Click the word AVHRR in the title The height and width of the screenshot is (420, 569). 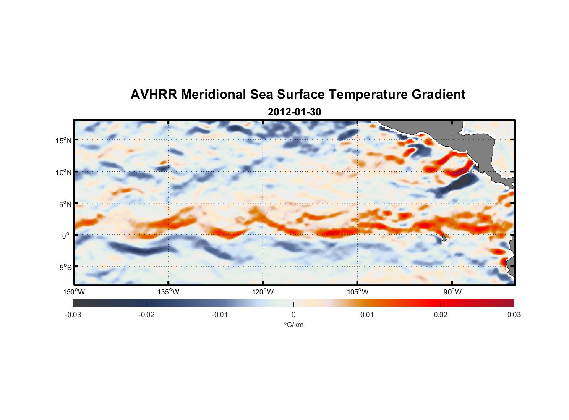click(154, 94)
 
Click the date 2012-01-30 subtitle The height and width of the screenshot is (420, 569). click(294, 112)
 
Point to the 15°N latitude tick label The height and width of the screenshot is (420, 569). click(64, 140)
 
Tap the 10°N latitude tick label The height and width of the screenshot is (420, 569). click(64, 172)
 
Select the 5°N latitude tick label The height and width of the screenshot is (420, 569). click(65, 204)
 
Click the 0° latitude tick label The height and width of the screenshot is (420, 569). click(66, 236)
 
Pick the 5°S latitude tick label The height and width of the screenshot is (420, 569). click(65, 267)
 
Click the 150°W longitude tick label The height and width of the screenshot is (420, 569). click(74, 292)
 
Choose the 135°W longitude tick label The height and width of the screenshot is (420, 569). click(168, 292)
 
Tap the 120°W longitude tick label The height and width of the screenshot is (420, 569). click(263, 292)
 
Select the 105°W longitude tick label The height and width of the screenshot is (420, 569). click(358, 292)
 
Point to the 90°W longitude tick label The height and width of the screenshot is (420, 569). click(452, 292)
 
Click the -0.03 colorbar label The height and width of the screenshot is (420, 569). click(73, 315)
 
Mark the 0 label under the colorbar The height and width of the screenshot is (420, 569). click(293, 315)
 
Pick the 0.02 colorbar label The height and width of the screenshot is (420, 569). click(441, 315)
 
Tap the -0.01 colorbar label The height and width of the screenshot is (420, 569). click(220, 315)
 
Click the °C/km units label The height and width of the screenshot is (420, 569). click(293, 325)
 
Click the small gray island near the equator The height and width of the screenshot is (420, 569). click(444, 238)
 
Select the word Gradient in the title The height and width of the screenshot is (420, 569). click(438, 94)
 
